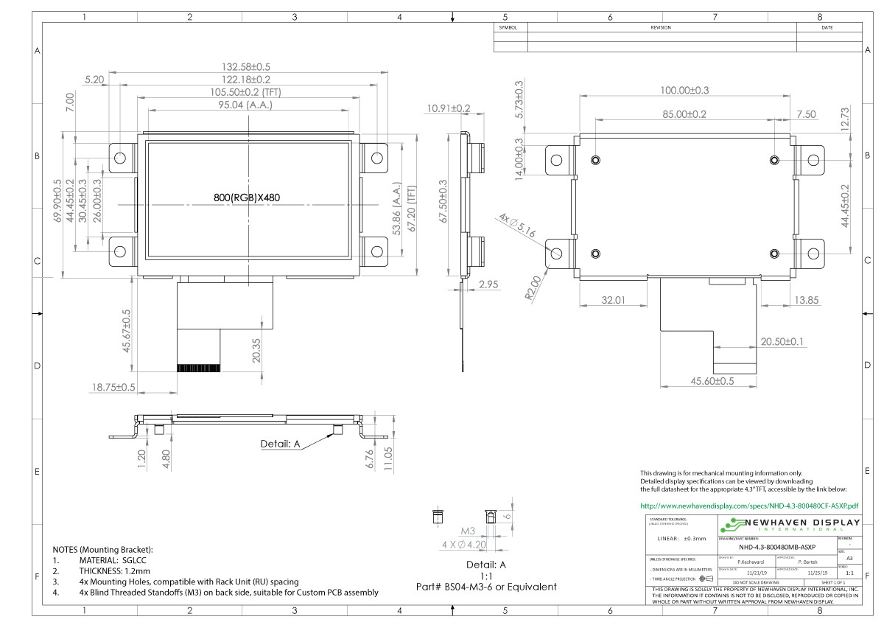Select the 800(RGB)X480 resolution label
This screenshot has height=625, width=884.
coord(247,198)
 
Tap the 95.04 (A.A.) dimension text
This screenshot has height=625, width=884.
coord(248,105)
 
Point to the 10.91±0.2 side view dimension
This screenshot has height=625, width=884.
coord(448,108)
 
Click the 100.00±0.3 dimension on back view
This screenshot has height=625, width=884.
coord(684,90)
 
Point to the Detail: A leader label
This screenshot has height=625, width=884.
coord(281,444)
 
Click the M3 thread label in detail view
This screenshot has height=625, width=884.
coord(468,531)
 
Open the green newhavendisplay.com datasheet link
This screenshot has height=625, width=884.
coord(749,506)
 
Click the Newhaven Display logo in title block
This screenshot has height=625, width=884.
coord(788,525)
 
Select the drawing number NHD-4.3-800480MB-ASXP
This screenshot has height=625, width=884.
coord(776,547)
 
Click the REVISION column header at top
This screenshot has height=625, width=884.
coord(660,27)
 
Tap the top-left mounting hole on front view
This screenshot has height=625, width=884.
coord(119,157)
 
